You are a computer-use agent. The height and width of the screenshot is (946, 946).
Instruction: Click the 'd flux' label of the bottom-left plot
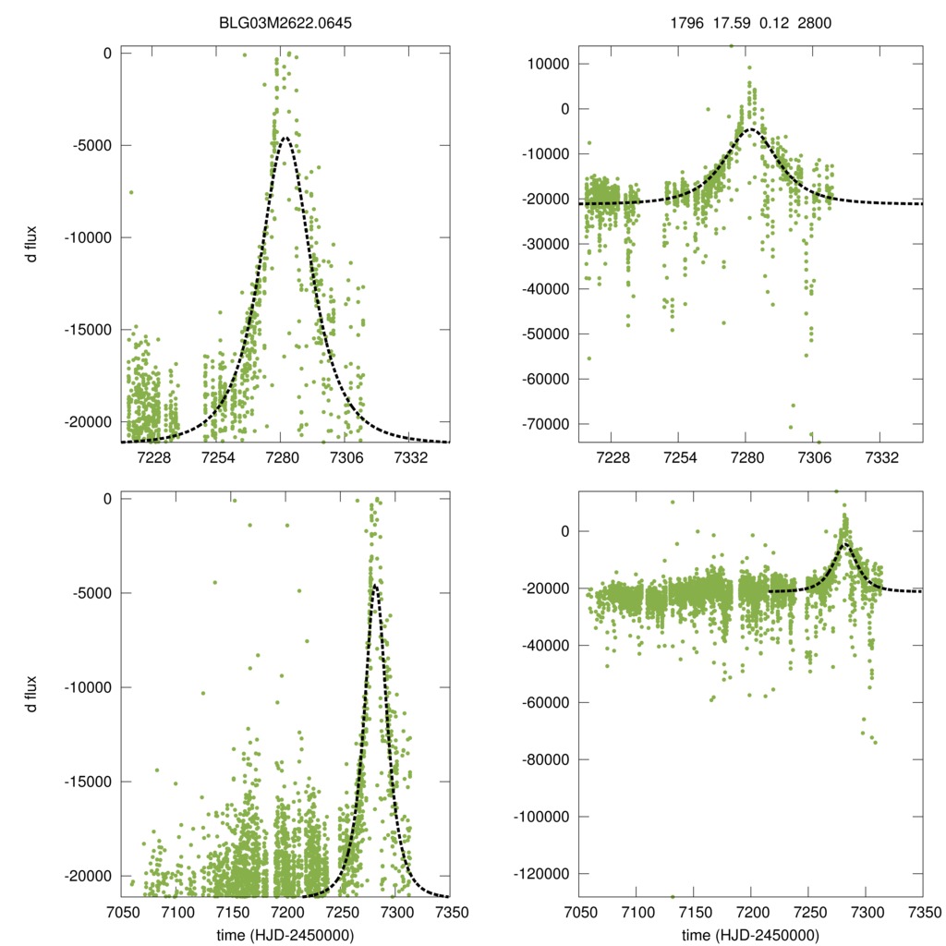point(32,695)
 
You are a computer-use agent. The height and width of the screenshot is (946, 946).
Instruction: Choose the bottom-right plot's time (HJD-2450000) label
point(750,935)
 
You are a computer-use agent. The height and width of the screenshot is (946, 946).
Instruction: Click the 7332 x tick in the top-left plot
point(410,459)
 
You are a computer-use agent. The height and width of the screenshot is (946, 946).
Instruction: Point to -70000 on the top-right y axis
point(548,423)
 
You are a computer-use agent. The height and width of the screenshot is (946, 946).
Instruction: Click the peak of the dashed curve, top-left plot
point(285,138)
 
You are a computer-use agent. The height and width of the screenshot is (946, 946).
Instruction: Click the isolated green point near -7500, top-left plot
point(131,192)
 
